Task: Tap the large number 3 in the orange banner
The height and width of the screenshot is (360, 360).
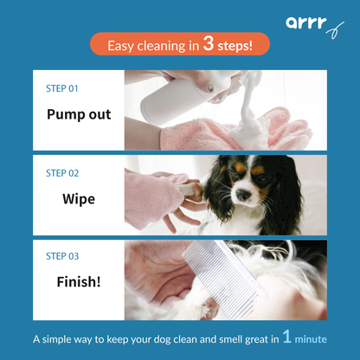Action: click(x=209, y=44)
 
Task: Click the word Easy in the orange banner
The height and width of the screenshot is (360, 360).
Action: click(x=122, y=45)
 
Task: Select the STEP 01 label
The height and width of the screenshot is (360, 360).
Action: click(x=61, y=88)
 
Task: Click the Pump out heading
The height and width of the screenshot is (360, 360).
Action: click(x=79, y=114)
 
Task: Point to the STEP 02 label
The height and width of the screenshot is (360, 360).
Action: click(x=61, y=172)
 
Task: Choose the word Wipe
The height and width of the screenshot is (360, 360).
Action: click(x=79, y=198)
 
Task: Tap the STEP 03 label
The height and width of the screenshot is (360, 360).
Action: click(x=61, y=256)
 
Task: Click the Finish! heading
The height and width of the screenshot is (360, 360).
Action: click(x=79, y=282)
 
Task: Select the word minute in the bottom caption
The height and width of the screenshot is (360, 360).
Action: click(x=312, y=340)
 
